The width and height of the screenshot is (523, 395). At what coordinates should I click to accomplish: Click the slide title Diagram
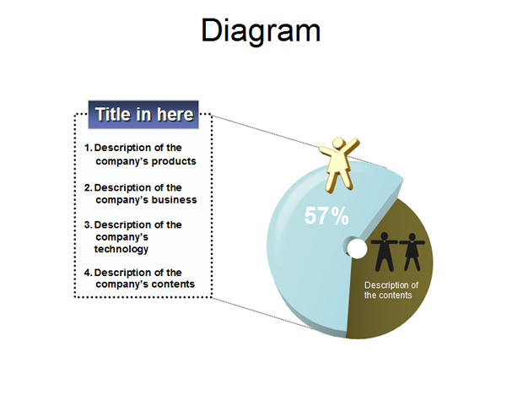pyautogui.click(x=261, y=30)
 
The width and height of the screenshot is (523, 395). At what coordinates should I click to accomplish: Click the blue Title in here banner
pyautogui.click(x=143, y=115)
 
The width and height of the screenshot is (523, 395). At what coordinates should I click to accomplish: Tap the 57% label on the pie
pyautogui.click(x=326, y=216)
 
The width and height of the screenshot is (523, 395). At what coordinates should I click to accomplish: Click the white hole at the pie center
pyautogui.click(x=357, y=248)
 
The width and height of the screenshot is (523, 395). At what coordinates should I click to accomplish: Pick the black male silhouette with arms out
pyautogui.click(x=385, y=252)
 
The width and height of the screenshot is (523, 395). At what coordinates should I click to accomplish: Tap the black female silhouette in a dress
pyautogui.click(x=412, y=252)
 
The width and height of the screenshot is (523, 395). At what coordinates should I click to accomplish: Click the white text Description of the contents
pyautogui.click(x=391, y=289)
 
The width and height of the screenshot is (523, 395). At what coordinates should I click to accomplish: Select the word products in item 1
pyautogui.click(x=174, y=162)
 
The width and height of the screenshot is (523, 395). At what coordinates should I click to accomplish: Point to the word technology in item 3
pyautogui.click(x=121, y=249)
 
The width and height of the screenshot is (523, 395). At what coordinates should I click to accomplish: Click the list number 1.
pyautogui.click(x=88, y=148)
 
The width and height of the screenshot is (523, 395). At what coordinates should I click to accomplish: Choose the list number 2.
pyautogui.click(x=88, y=188)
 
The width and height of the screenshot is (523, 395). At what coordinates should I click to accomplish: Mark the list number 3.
pyautogui.click(x=88, y=225)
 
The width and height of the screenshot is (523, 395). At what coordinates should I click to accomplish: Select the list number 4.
pyautogui.click(x=88, y=273)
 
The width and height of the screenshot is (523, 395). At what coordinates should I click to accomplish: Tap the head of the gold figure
pyautogui.click(x=338, y=143)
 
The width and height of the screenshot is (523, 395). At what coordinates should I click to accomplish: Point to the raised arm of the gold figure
pyautogui.click(x=351, y=145)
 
